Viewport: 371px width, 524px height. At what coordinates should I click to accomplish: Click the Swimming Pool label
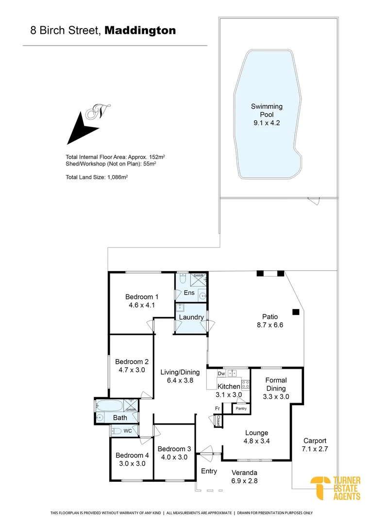point(267,110)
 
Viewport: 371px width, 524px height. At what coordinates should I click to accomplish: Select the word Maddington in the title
point(140,31)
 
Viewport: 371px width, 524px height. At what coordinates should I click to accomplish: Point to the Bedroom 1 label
point(142,297)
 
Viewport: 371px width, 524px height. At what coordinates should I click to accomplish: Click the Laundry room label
point(191,317)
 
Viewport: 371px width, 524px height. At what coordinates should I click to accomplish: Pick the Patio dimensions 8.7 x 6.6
point(270,325)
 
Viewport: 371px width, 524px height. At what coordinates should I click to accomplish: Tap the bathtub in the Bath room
point(109,406)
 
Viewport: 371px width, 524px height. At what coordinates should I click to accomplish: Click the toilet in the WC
point(116,431)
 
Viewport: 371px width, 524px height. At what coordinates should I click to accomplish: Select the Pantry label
point(241,409)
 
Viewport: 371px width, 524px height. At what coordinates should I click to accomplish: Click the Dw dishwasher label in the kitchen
point(221,373)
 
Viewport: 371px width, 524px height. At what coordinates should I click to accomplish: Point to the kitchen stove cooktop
point(246,385)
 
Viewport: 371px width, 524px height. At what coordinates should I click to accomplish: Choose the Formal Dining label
point(276,384)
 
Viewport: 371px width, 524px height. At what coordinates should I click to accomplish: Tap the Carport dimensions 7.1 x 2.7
point(315,449)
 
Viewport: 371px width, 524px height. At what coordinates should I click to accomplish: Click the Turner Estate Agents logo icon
point(320,488)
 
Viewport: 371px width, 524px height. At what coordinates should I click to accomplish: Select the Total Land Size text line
point(97,177)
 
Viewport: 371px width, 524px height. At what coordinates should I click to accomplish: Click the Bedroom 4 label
point(132,455)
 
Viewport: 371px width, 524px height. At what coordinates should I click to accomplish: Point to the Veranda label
point(244,473)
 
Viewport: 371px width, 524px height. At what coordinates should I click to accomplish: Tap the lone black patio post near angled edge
point(295,312)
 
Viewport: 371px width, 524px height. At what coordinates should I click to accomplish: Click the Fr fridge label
point(218,409)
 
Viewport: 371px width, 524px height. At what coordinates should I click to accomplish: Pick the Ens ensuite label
point(189,293)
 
